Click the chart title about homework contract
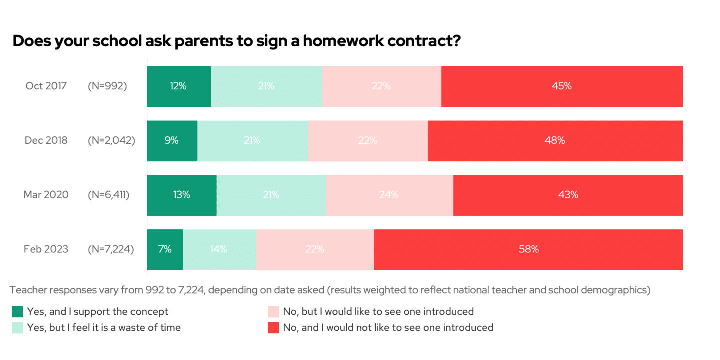[236, 41]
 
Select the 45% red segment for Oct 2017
[562, 86]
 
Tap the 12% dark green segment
[179, 86]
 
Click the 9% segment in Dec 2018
[172, 141]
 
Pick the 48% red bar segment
[555, 141]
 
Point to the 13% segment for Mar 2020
[181, 195]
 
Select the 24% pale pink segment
[389, 195]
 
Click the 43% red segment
[568, 195]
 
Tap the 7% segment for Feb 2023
[165, 249]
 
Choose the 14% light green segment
[219, 249]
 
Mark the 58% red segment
[528, 249]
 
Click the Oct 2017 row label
[46, 86]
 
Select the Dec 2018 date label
[46, 141]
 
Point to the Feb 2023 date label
[46, 249]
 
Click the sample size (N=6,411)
[108, 195]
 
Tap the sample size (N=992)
[107, 86]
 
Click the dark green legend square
[18, 312]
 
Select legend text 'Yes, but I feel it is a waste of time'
[104, 328]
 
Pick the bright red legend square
[273, 328]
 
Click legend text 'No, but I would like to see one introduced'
[378, 312]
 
